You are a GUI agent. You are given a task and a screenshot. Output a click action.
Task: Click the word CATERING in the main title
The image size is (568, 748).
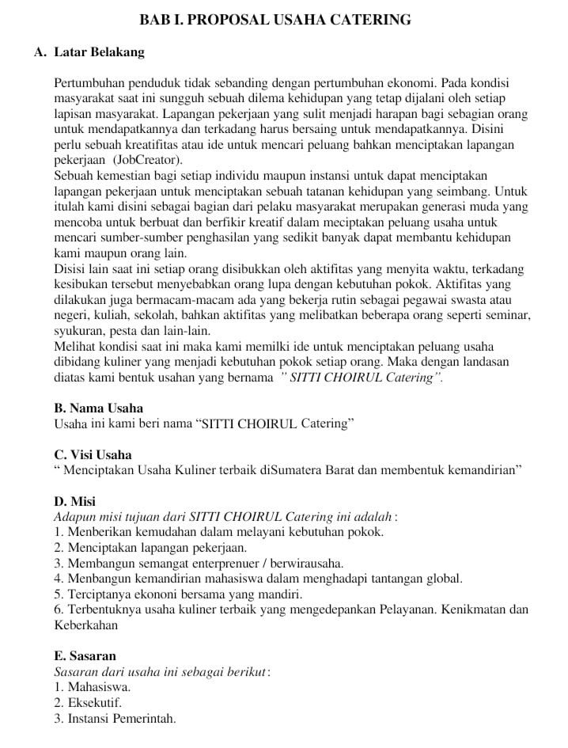pyautogui.click(x=370, y=20)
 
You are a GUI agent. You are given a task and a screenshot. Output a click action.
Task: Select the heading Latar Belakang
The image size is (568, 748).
pyautogui.click(x=99, y=53)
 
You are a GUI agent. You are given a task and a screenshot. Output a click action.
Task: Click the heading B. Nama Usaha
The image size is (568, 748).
pyautogui.click(x=98, y=408)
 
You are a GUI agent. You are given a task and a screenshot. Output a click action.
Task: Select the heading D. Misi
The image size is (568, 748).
pyautogui.click(x=74, y=501)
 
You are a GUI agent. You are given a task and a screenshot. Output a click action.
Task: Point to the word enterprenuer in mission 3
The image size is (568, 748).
pyautogui.click(x=227, y=563)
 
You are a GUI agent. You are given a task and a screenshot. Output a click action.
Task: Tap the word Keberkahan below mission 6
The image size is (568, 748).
pyautogui.click(x=86, y=625)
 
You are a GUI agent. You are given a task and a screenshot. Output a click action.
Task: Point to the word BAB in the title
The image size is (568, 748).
pyautogui.click(x=153, y=20)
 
